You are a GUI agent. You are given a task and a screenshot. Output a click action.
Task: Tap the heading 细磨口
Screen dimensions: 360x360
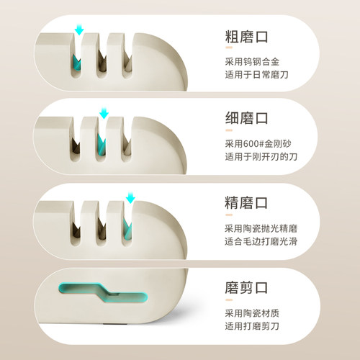coord(248,117)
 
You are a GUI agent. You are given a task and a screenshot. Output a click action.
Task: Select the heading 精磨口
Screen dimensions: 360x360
coord(248,199)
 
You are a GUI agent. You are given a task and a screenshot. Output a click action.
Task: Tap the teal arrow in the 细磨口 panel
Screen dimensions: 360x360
coord(104,114)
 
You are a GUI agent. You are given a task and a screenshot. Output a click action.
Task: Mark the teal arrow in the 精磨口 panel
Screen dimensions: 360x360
coord(130,196)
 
